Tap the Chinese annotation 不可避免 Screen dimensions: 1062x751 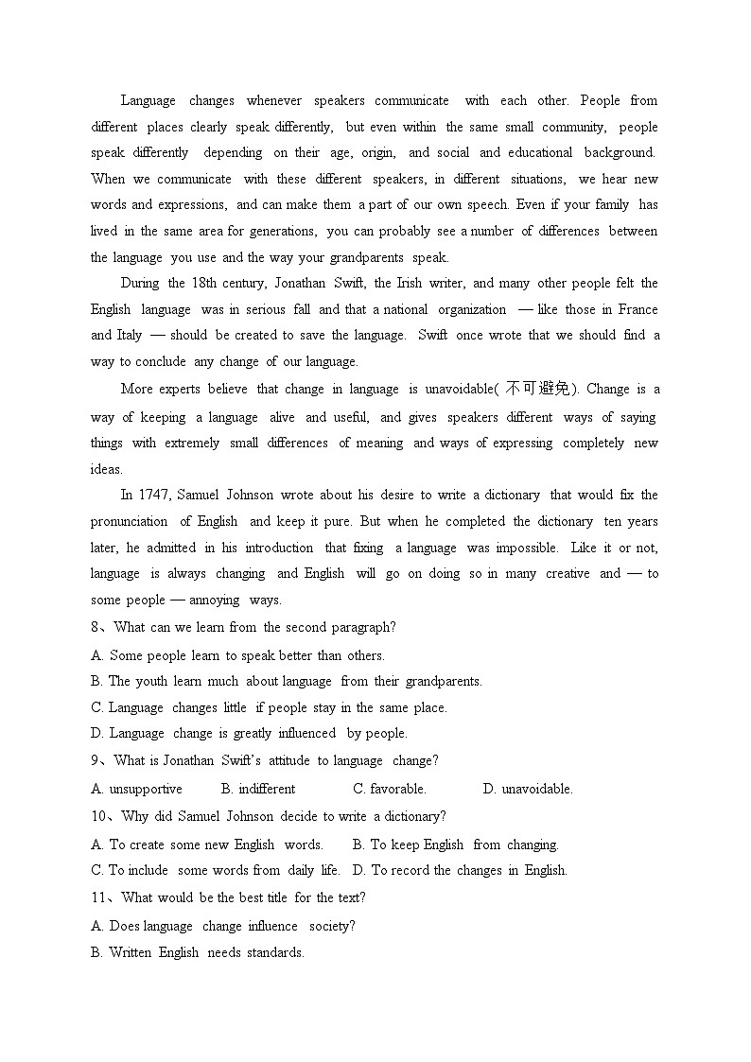[539, 389]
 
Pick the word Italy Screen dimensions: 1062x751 [129, 335]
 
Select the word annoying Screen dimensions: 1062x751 [214, 600]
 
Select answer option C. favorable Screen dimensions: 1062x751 [390, 789]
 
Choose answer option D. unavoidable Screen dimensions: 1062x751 [528, 789]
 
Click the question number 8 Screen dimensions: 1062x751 [96, 627]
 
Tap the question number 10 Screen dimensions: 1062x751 [99, 816]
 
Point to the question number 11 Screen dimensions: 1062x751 [99, 897]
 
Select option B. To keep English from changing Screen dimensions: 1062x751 [455, 844]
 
